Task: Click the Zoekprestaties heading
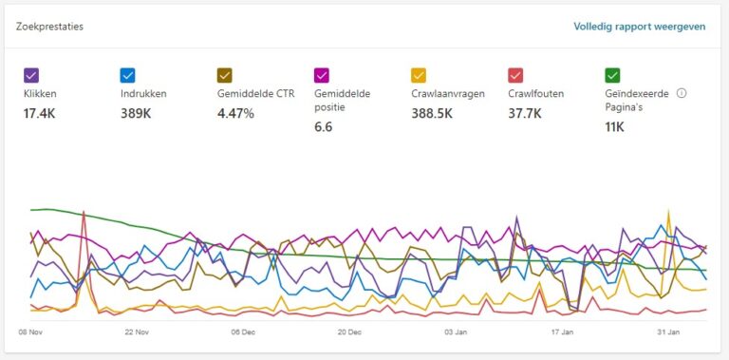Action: (x=49, y=27)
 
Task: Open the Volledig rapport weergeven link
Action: (x=639, y=27)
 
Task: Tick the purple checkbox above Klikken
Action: (x=30, y=75)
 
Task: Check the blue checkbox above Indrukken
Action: (x=128, y=75)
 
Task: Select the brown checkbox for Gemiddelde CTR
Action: (x=225, y=75)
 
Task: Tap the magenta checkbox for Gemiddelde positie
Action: (x=322, y=75)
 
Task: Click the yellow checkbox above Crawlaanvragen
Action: (x=419, y=75)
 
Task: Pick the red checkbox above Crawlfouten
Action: (x=515, y=75)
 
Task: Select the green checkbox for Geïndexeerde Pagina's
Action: (x=612, y=75)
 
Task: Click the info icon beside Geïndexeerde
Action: (x=682, y=94)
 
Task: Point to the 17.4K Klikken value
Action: (x=40, y=113)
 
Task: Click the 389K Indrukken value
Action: (x=136, y=113)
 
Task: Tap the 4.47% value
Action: (x=235, y=113)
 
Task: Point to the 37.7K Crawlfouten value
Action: (x=524, y=113)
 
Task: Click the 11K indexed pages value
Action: (x=614, y=126)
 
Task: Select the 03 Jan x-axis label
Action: (x=457, y=332)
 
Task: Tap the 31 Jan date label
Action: (x=669, y=332)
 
